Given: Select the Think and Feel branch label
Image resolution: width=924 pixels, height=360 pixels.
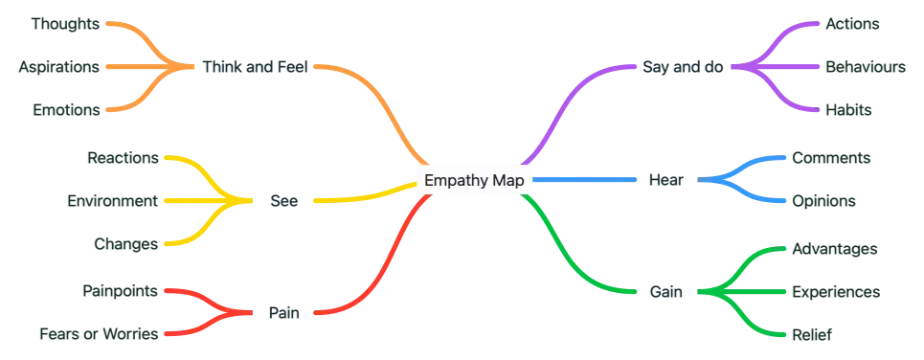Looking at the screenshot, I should (x=255, y=67).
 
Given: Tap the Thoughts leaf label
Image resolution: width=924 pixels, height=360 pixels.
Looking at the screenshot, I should (x=63, y=23).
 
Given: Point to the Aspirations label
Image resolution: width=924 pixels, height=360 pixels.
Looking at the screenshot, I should (x=57, y=67).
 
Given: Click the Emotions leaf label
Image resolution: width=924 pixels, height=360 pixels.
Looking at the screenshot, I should (x=63, y=111).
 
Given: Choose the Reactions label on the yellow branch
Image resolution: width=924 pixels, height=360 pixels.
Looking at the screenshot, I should (x=122, y=157).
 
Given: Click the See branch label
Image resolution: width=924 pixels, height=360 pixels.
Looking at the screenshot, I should (x=283, y=200).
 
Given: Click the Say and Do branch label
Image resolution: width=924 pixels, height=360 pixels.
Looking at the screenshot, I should (x=684, y=67).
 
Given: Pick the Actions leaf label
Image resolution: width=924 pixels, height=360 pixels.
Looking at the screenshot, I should (x=848, y=23).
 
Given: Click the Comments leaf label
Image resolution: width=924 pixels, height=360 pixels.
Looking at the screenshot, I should (x=830, y=157).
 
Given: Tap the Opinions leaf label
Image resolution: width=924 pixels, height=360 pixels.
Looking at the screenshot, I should (x=824, y=201).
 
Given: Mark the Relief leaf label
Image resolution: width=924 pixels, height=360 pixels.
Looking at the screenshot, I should (x=813, y=334).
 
